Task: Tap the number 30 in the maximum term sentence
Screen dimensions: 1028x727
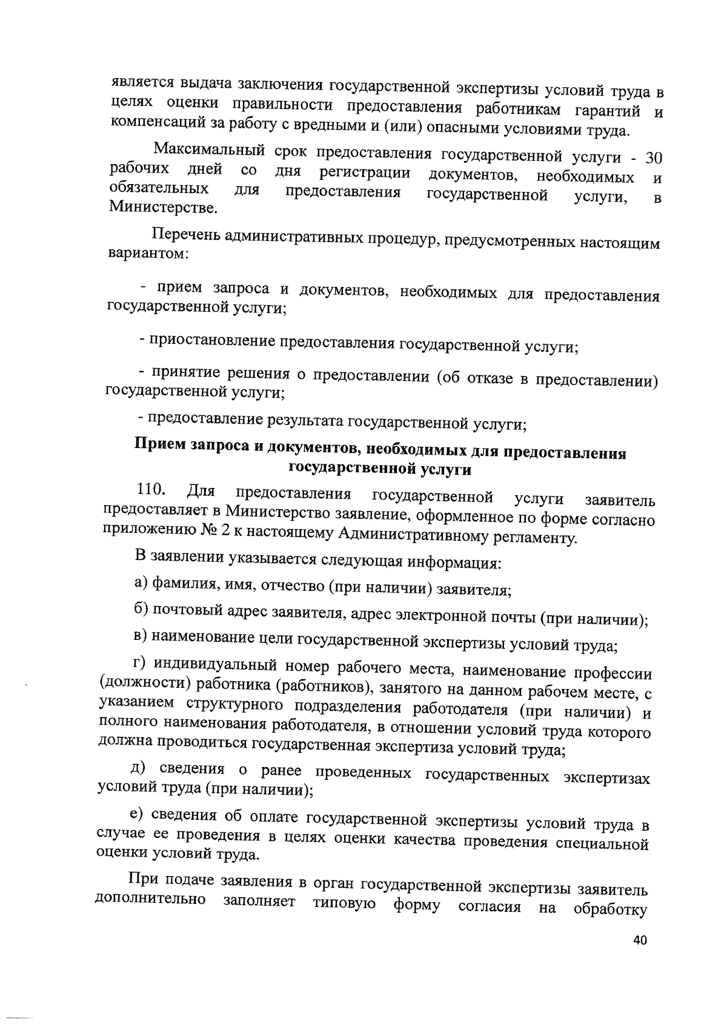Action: pyautogui.click(x=653, y=159)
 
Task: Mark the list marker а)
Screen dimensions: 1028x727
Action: pyautogui.click(x=141, y=583)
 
